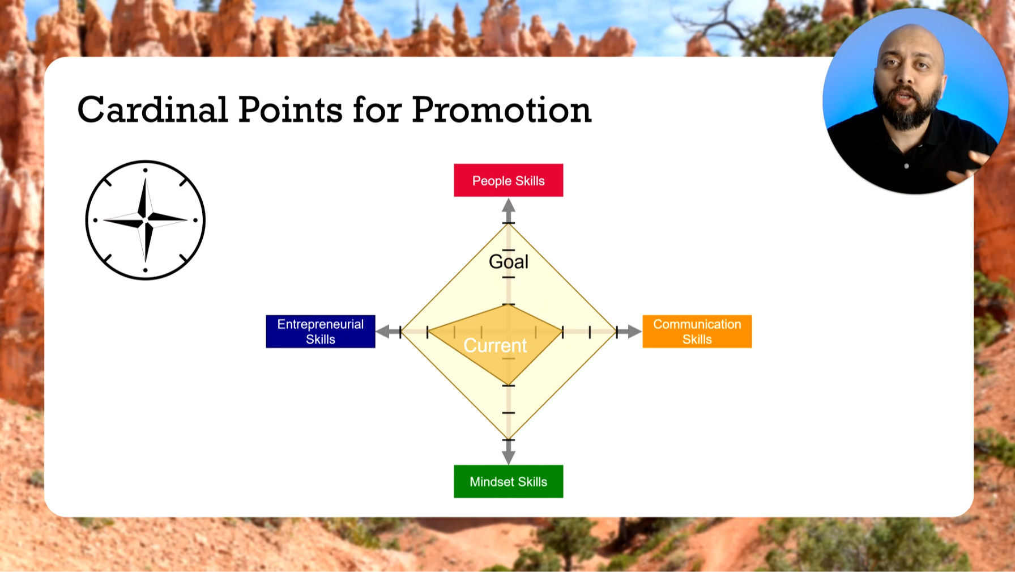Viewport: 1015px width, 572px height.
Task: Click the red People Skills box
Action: pos(509,180)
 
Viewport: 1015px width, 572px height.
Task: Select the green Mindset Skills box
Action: pos(509,481)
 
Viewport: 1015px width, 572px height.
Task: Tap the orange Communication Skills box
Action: pos(697,331)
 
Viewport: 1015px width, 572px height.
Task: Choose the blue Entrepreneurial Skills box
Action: pos(321,331)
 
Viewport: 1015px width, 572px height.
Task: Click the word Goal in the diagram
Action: pos(509,261)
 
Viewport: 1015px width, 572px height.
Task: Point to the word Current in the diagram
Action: pos(495,345)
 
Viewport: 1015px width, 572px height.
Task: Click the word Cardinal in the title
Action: pos(153,109)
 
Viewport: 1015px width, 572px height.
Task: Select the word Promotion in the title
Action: pos(502,109)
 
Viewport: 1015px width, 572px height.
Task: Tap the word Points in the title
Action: pos(291,109)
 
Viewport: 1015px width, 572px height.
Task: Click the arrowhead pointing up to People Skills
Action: pos(509,205)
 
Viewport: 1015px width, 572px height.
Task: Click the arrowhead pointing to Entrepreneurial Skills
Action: pos(383,332)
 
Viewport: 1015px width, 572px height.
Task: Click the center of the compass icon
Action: pos(146,219)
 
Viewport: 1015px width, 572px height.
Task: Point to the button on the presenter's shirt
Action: pos(906,166)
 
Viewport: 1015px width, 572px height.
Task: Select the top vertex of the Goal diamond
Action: pos(509,223)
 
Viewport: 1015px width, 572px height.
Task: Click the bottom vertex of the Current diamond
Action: pos(509,385)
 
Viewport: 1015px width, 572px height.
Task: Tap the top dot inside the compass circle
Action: pos(146,170)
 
